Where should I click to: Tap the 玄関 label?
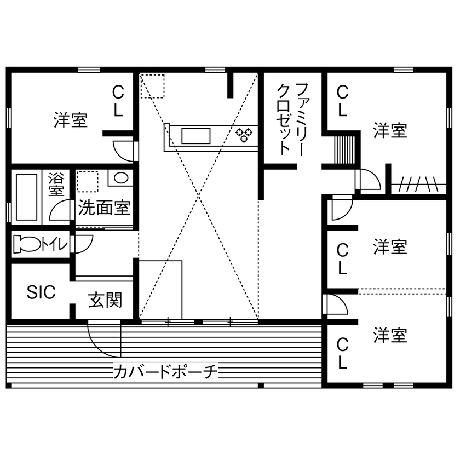point(105,300)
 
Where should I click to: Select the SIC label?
point(42,292)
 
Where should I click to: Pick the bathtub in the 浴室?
point(26,196)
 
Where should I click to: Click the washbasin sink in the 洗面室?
point(120,178)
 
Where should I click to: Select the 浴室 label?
point(56,184)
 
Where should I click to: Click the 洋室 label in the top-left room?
point(71,120)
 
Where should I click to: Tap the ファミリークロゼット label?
point(293,119)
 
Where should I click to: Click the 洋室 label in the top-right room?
point(390,131)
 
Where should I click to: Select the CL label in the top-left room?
point(118,100)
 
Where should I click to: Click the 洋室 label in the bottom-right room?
point(390,335)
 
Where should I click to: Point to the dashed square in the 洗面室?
point(88,181)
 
